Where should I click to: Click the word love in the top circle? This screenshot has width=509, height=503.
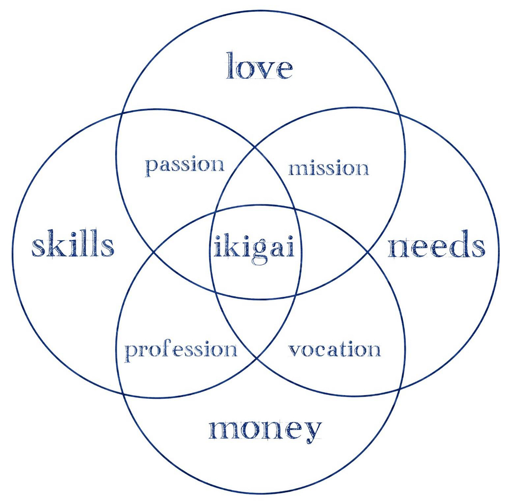259,66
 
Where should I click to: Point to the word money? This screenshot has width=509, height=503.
265,429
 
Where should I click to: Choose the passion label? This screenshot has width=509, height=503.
184,165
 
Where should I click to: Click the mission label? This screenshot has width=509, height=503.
328,168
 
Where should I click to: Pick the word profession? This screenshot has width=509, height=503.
181,350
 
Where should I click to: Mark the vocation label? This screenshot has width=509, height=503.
334,350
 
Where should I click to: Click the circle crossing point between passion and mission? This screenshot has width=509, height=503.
255,148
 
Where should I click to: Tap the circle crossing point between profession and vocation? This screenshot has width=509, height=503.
257,357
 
